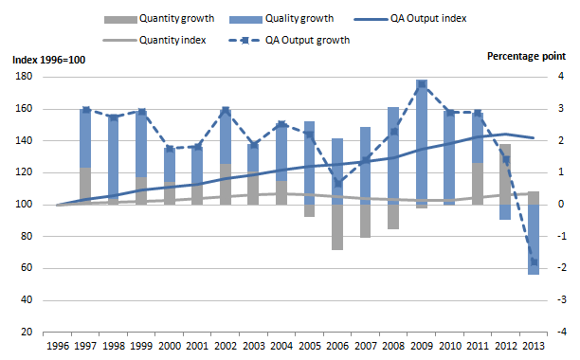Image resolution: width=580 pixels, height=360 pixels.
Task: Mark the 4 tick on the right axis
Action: point(562,78)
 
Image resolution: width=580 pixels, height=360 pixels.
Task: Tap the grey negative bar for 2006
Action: point(336,227)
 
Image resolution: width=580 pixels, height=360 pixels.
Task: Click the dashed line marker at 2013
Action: point(533,262)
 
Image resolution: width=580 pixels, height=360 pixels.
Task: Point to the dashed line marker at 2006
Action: point(336,184)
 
